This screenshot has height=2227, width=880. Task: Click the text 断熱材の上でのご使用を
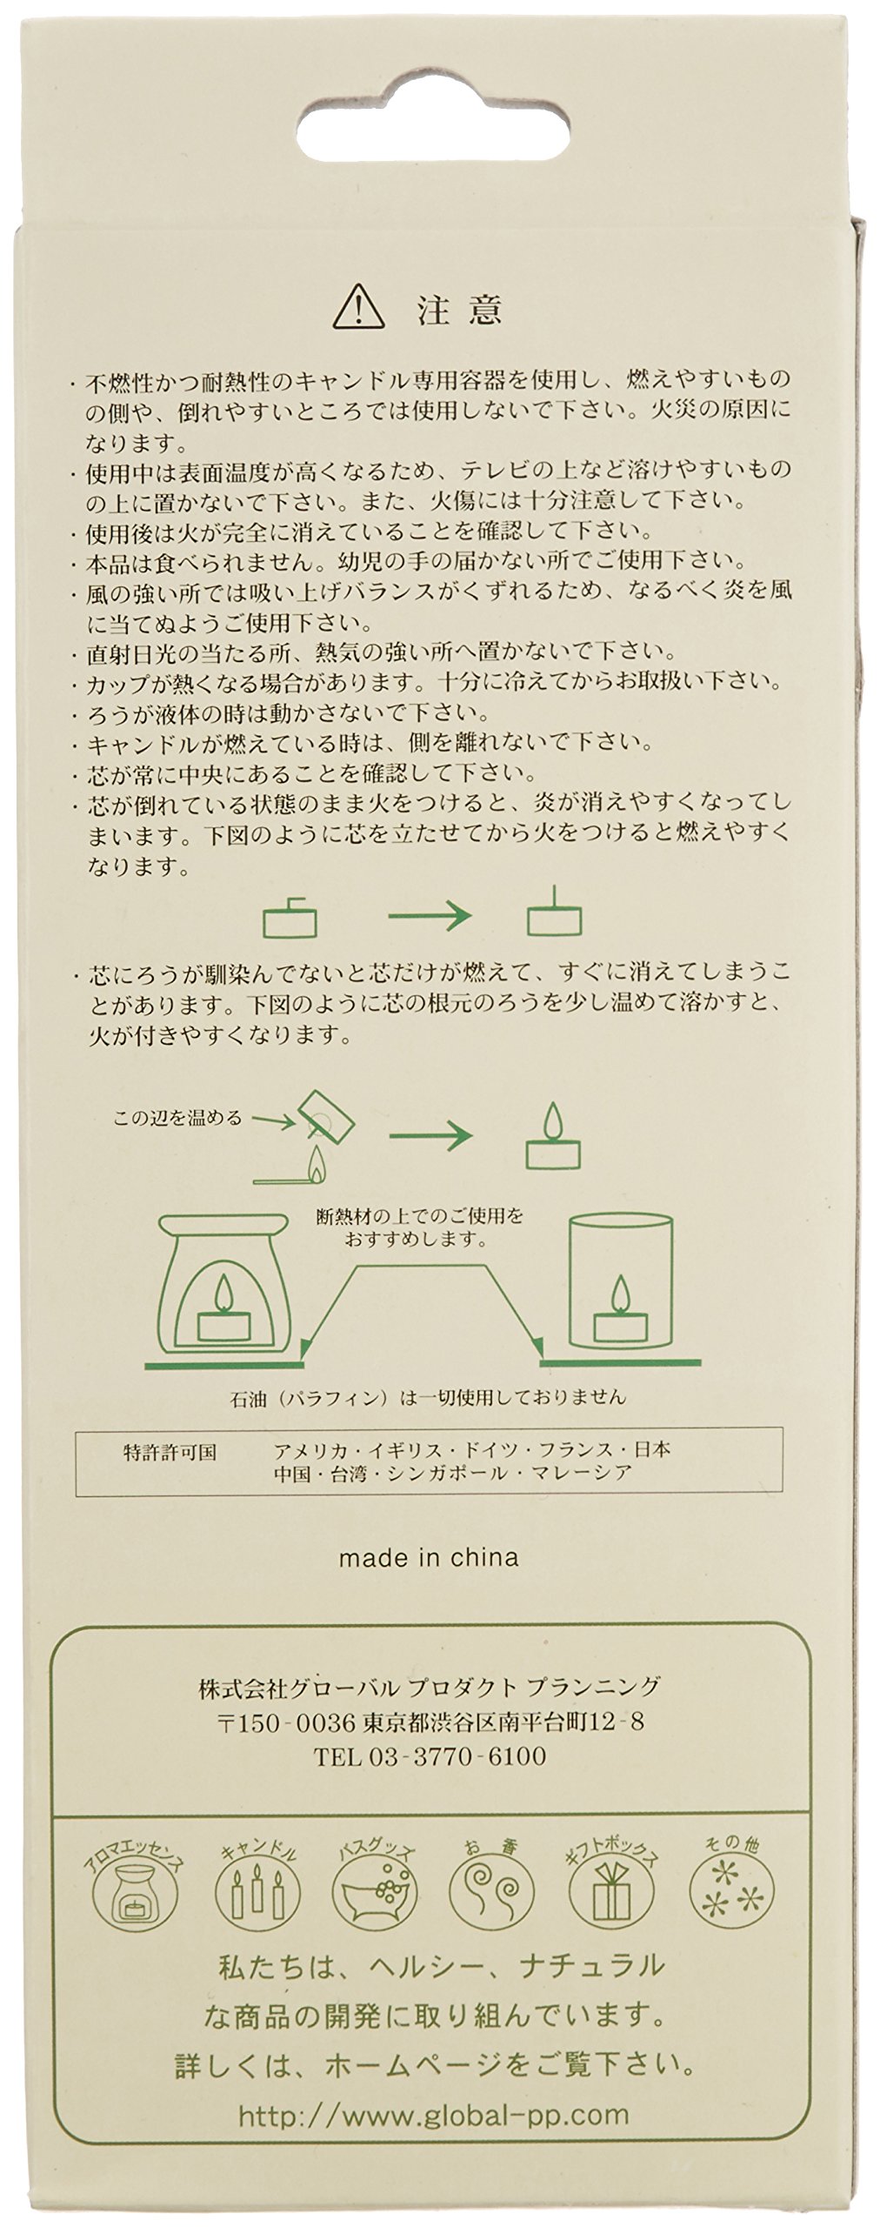(x=421, y=1215)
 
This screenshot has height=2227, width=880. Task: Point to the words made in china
(x=429, y=1557)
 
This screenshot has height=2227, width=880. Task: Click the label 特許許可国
(x=170, y=1452)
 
